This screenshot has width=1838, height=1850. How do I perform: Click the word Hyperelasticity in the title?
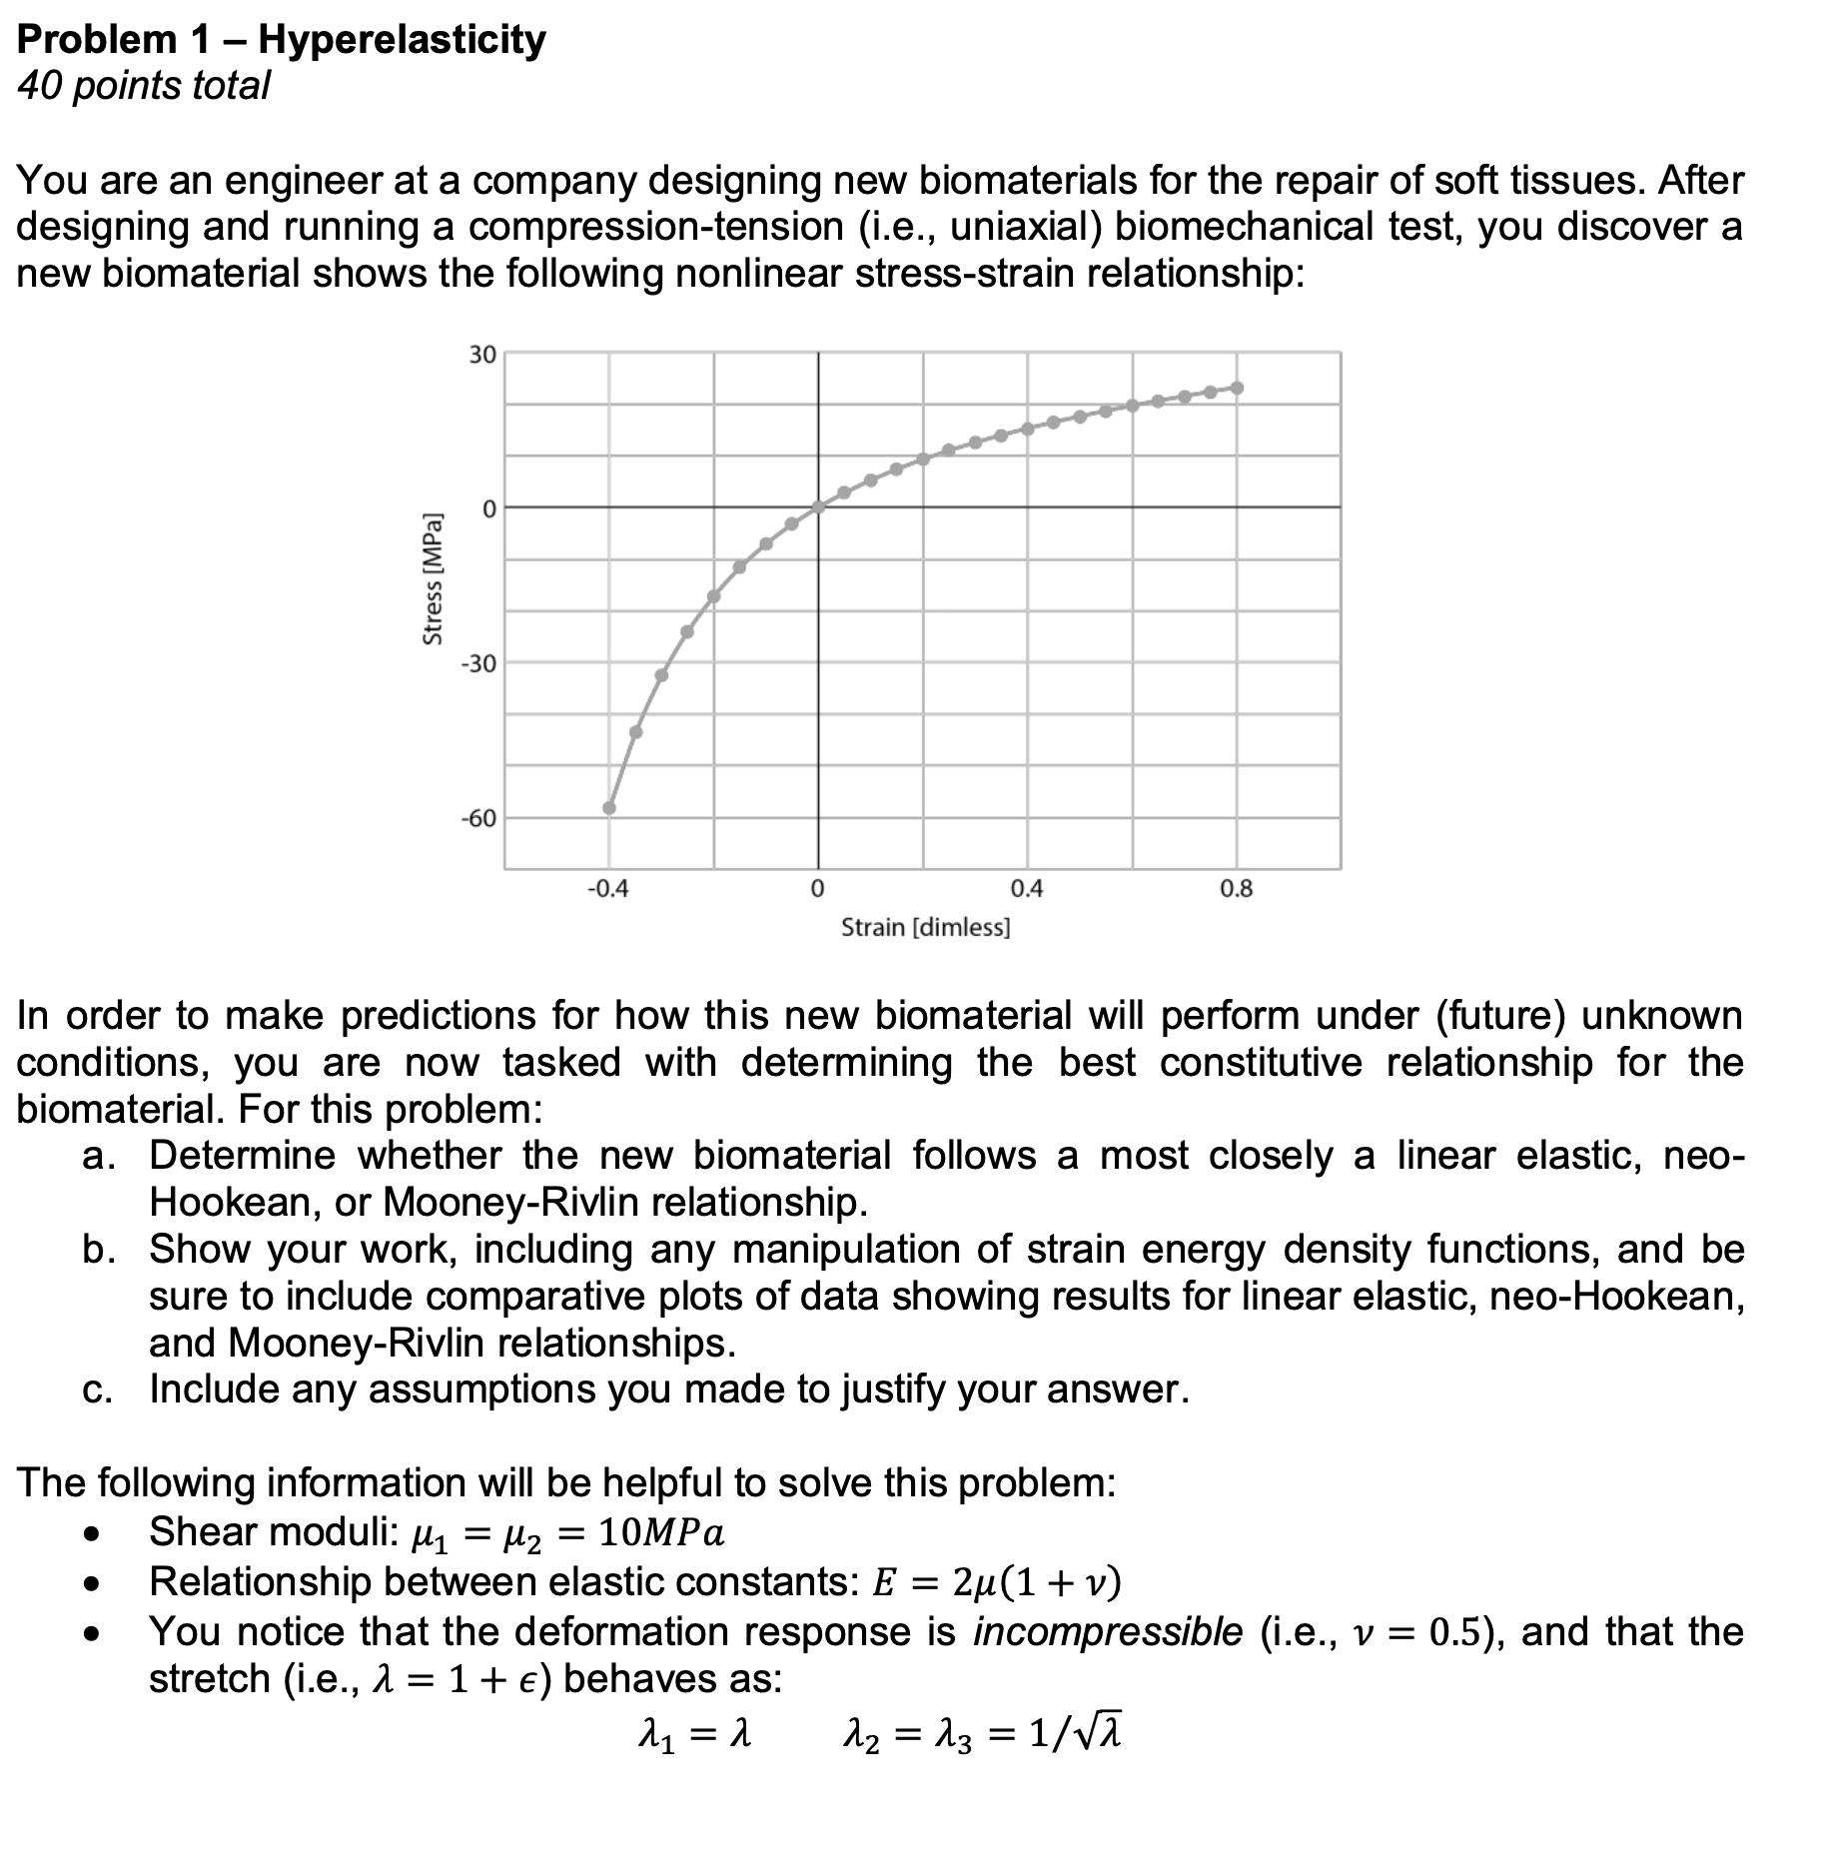[402, 40]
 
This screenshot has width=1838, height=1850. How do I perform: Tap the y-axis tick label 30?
[482, 355]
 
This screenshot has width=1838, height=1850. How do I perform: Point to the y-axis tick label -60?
[477, 819]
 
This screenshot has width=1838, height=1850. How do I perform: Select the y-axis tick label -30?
[477, 664]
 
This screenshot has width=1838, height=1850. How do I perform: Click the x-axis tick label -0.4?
[608, 889]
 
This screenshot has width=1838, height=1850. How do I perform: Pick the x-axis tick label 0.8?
[1236, 889]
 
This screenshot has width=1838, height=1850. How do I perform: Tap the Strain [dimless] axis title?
[925, 928]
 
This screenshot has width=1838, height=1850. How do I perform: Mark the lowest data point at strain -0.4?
[609, 808]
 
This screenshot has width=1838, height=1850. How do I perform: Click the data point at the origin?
[818, 507]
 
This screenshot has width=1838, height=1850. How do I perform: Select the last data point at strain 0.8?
[1237, 388]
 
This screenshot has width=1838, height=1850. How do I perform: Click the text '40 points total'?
[144, 86]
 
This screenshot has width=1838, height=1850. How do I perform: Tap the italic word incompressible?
[1108, 1632]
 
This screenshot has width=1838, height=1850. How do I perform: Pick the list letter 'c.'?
[97, 1389]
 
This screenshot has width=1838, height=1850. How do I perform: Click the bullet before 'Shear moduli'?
[93, 1534]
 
